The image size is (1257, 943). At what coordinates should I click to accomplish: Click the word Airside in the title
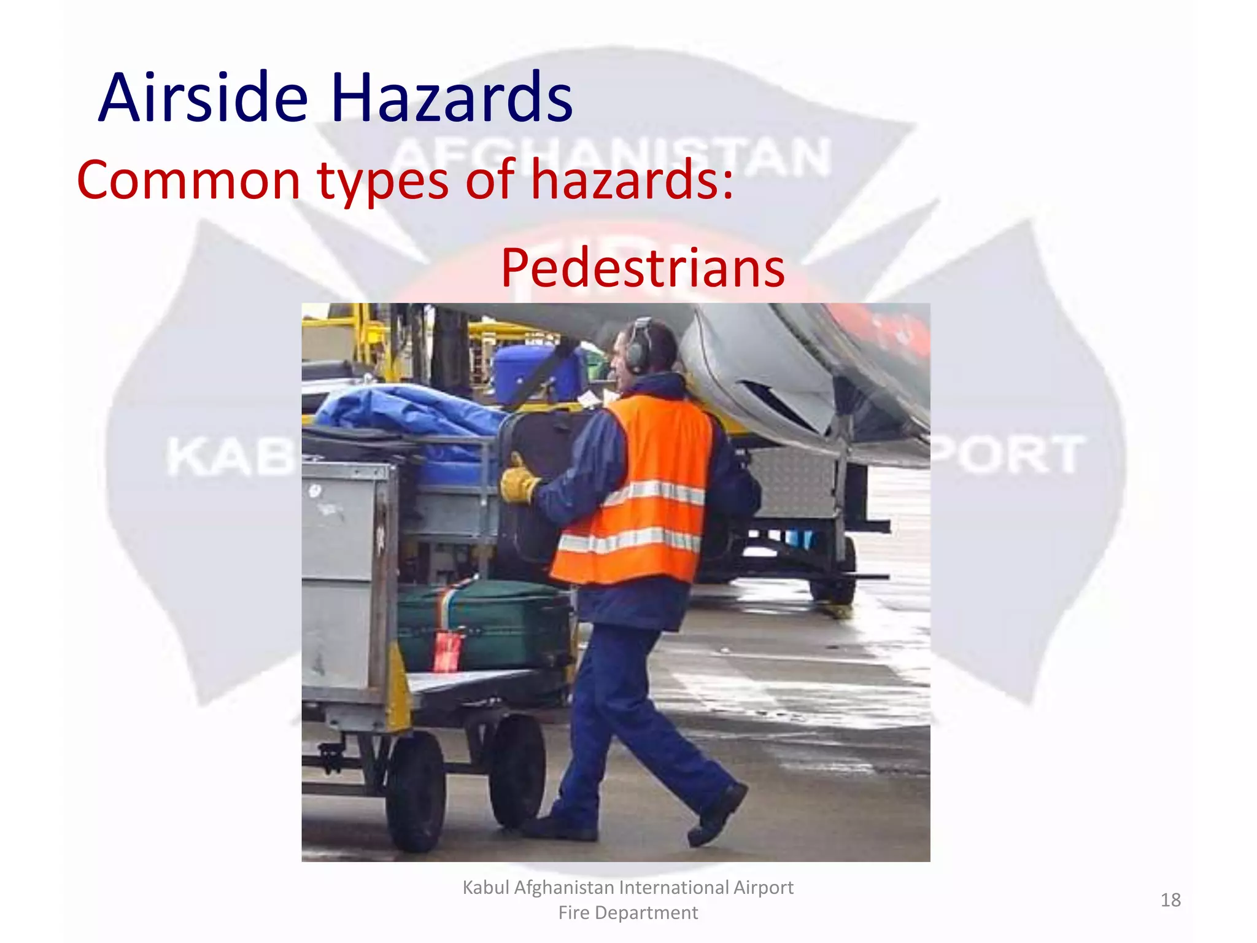(x=203, y=98)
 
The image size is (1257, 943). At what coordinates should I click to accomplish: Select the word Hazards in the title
(x=451, y=98)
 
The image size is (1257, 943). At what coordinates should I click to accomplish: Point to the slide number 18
(x=1170, y=900)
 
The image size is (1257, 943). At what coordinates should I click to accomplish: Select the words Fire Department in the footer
(x=628, y=913)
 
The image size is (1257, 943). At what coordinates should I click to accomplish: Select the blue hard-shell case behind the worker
(x=534, y=371)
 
